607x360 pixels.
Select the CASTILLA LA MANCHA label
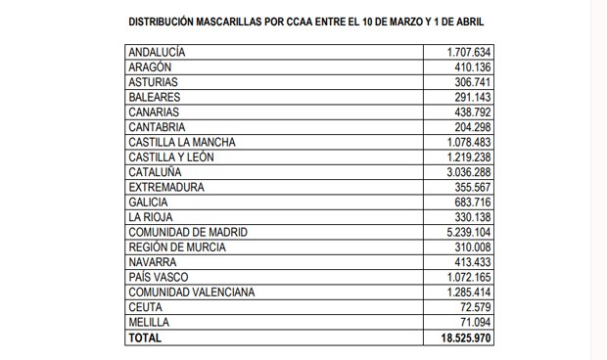pos(182,142)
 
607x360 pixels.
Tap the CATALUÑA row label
pos(154,171)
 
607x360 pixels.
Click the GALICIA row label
pos(148,202)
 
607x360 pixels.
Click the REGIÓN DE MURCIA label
pos(175,247)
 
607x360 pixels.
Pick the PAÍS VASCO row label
pos(157,277)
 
